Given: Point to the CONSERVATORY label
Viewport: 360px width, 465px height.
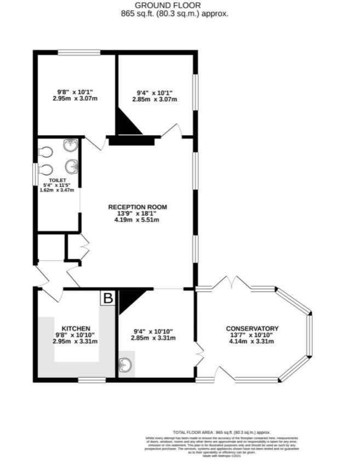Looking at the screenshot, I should [252, 328].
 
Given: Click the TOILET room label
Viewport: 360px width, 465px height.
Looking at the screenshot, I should [58, 180].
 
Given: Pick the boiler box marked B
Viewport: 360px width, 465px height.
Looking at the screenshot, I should [108, 298].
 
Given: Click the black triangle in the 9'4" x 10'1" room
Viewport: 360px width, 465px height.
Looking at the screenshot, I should [127, 124].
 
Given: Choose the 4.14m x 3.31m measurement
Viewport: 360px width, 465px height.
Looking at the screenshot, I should [252, 341].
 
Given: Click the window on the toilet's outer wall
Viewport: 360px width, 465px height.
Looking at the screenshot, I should [35, 174].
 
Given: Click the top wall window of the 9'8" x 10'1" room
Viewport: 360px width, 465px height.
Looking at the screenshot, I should [79, 53].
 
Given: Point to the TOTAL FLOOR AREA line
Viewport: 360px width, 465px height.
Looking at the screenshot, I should [221, 433].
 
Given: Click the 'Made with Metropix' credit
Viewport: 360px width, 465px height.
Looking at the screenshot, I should [221, 456].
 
